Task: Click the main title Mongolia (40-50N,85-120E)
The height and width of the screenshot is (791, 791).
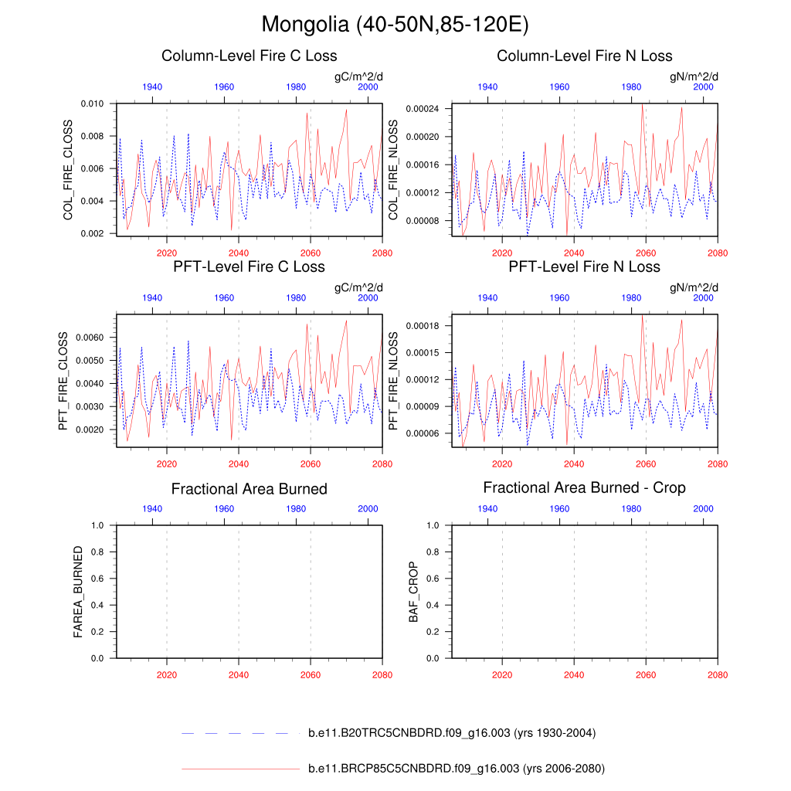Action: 395,25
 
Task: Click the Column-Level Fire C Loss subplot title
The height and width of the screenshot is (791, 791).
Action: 249,56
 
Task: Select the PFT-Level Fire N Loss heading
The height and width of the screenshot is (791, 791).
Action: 584,266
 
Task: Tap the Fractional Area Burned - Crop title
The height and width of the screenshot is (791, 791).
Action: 584,487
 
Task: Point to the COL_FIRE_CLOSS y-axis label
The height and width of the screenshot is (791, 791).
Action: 68,170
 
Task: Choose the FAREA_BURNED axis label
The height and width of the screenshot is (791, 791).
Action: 78,592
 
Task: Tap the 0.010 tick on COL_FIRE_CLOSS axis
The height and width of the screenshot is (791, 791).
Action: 92,104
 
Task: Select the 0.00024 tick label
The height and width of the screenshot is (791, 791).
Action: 423,109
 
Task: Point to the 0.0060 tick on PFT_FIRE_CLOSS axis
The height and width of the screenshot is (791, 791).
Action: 90,338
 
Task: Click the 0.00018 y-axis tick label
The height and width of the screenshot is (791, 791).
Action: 423,326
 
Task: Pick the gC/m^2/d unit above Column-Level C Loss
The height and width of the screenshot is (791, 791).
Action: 358,76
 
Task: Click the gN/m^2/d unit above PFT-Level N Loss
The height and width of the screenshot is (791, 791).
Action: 694,287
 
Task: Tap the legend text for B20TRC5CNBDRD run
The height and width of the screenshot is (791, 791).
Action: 451,733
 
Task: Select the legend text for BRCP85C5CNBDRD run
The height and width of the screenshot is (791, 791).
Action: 456,769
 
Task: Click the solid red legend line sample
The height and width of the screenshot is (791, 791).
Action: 239,769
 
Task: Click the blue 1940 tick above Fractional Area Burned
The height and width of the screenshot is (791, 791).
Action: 152,509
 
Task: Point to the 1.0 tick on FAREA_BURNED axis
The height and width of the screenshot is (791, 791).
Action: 98,525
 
